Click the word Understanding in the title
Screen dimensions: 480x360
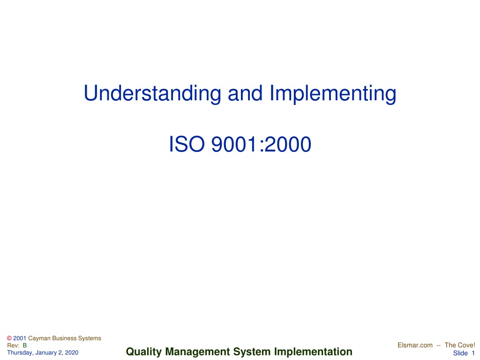point(152,93)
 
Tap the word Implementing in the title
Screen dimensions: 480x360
point(333,93)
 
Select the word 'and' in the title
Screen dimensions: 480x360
point(245,93)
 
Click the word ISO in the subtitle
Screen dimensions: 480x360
point(187,144)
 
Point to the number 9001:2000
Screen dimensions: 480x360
point(261,144)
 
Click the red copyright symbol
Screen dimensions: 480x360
point(9,338)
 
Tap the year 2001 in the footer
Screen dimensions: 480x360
point(20,338)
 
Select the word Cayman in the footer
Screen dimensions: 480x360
point(39,338)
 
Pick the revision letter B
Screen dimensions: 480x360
point(25,345)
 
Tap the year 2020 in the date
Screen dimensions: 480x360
point(71,352)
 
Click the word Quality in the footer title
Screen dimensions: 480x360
point(143,352)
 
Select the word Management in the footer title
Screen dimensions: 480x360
point(197,352)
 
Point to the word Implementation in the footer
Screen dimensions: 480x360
point(313,352)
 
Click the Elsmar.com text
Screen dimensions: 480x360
point(415,345)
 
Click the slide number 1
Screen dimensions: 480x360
point(473,353)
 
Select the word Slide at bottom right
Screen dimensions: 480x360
point(460,353)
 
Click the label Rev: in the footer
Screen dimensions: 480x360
point(13,345)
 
